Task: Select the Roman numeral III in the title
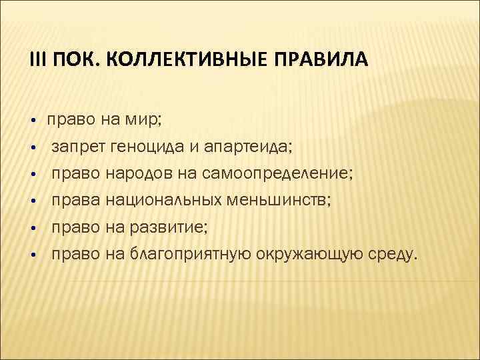click(x=36, y=61)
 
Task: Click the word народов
click(x=140, y=174)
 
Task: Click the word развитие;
click(x=169, y=227)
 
